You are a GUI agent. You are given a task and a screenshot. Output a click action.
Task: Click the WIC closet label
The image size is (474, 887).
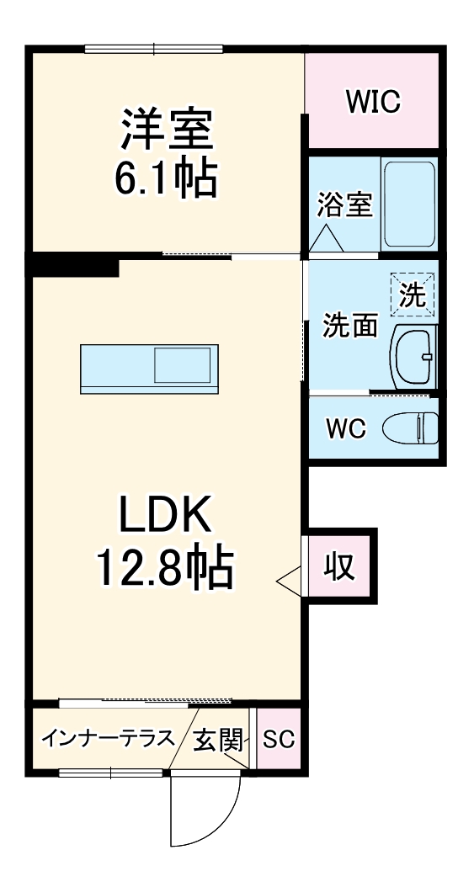(372, 102)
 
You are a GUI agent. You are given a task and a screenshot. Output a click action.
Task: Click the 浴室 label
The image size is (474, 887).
(344, 204)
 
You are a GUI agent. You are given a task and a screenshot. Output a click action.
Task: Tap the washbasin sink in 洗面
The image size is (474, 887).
(413, 356)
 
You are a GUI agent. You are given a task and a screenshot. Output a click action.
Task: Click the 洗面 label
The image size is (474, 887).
(350, 326)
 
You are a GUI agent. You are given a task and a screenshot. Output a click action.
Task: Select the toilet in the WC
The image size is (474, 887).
(410, 429)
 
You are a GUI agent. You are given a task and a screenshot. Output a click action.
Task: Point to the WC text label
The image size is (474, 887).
(346, 429)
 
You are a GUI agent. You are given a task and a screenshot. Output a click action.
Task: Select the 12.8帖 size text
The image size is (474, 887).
(165, 569)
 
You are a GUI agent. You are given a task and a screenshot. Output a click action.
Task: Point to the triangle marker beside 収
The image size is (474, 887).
(288, 580)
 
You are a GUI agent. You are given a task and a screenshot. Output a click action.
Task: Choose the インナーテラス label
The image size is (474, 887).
(109, 740)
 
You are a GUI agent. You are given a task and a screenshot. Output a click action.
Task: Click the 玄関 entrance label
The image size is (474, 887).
(218, 741)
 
